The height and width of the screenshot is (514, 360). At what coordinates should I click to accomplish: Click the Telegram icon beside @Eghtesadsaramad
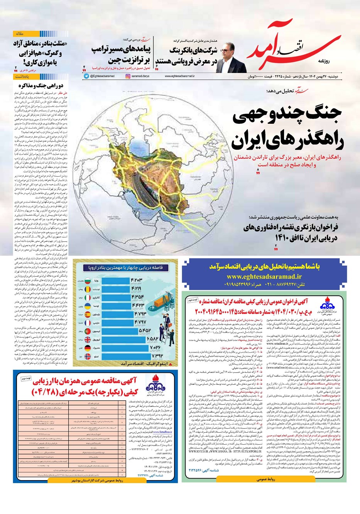(x=86, y=76)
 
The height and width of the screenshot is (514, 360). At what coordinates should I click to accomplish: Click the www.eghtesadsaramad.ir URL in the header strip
(x=180, y=76)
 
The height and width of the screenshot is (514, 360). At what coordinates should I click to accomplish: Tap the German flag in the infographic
(x=88, y=347)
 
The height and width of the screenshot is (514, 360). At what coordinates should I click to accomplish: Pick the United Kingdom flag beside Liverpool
(x=88, y=339)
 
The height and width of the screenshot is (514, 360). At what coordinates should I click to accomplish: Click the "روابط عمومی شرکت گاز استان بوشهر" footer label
(x=95, y=481)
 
